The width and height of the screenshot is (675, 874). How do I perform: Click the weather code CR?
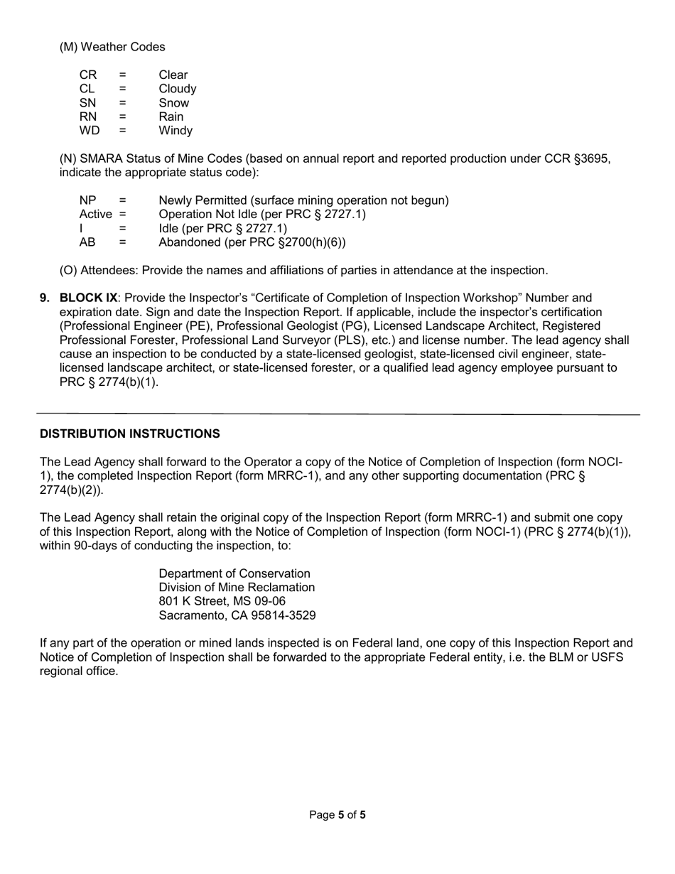tap(88, 75)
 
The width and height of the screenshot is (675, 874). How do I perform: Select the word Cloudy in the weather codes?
tap(177, 90)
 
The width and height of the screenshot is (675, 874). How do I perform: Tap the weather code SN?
tap(88, 103)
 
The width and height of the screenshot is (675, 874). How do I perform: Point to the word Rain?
tap(171, 117)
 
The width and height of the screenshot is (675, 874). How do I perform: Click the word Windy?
tap(175, 131)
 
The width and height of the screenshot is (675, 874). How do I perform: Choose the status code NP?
tap(88, 200)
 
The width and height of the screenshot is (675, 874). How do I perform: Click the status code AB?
tap(87, 242)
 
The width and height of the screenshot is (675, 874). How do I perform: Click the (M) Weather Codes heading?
tap(112, 47)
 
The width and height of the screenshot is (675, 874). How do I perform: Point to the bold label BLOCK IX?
tap(88, 298)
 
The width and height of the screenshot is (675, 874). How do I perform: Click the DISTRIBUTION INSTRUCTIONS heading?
tap(129, 433)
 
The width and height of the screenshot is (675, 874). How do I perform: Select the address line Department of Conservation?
tap(234, 573)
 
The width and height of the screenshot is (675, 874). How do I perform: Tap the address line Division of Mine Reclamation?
tap(237, 588)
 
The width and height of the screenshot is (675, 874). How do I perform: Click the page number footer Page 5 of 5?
tap(337, 815)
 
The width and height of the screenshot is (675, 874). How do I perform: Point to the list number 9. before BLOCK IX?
tap(45, 298)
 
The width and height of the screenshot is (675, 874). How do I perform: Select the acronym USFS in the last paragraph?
tap(607, 657)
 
